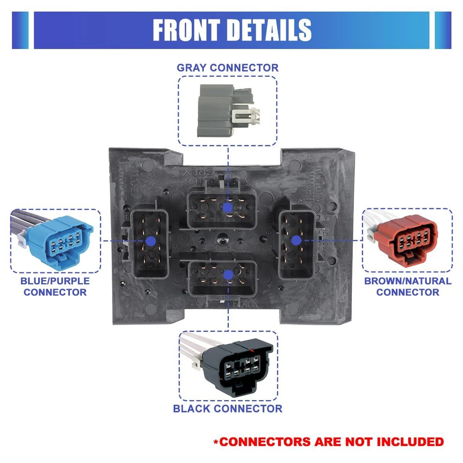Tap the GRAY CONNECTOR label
coord(227,68)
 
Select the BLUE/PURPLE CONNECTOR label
coord(55,287)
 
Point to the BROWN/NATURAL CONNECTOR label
coord(407,287)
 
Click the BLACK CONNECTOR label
coord(227,408)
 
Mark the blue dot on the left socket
coord(150,241)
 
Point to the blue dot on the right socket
coord(295,240)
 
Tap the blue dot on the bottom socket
coord(227,275)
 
